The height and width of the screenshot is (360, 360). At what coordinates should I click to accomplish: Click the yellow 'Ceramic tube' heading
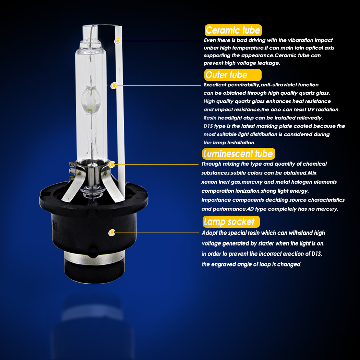click(x=233, y=30)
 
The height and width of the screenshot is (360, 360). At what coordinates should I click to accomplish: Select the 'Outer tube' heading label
click(x=233, y=75)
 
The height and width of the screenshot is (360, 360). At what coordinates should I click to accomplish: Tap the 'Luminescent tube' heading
click(x=239, y=154)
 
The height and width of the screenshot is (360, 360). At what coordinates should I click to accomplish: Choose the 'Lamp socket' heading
click(x=231, y=222)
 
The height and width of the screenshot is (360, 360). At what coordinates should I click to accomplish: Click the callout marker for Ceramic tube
click(x=118, y=41)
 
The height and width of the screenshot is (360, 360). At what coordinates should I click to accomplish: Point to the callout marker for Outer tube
click(x=113, y=86)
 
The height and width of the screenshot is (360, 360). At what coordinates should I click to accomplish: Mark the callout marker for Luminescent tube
click(x=112, y=164)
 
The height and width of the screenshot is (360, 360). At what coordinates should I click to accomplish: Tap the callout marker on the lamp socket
click(x=112, y=232)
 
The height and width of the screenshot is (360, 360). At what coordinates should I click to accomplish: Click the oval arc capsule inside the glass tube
click(x=91, y=100)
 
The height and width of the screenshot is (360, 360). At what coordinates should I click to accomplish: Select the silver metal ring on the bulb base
click(x=94, y=258)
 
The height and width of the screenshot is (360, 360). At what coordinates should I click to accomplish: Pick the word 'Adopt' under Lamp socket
click(x=209, y=233)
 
